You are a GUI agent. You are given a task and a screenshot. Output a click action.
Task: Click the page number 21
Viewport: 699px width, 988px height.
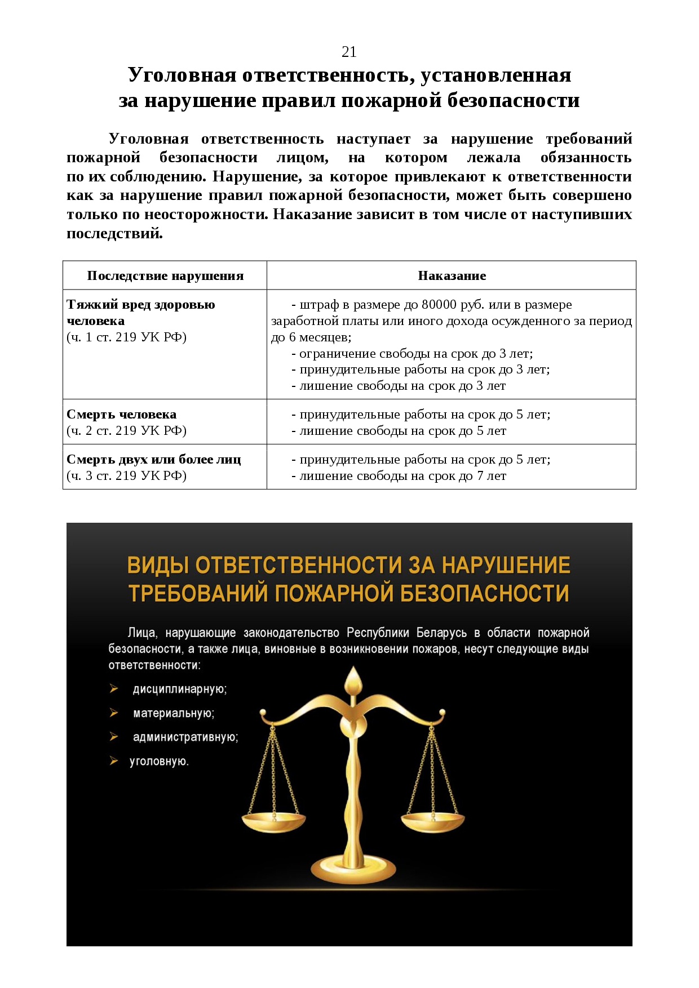pos(349,52)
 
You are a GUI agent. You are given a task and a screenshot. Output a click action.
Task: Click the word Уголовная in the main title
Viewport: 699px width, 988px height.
pos(182,75)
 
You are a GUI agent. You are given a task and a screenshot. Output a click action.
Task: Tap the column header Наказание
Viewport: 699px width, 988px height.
pos(452,276)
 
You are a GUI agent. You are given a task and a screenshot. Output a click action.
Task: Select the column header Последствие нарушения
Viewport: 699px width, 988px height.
pos(165,276)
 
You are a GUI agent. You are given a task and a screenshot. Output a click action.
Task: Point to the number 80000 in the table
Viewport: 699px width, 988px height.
pos(439,305)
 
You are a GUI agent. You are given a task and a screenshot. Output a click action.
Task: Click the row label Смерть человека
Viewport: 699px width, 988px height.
pos(121,415)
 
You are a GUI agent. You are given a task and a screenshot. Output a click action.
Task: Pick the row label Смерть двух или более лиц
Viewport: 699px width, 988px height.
pos(153,460)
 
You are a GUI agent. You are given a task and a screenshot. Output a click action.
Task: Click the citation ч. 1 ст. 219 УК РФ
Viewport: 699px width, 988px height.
pos(126,337)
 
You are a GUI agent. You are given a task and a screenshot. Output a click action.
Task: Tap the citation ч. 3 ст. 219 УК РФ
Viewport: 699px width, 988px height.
pos(126,476)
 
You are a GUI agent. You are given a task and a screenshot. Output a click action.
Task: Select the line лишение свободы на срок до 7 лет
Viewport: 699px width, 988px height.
pos(402,476)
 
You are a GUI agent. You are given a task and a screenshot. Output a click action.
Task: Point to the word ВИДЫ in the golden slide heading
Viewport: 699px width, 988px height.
pos(157,565)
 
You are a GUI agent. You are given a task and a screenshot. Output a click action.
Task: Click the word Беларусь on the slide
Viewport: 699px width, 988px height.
pos(441,633)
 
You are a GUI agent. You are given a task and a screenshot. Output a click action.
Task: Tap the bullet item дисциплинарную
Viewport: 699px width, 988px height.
pos(179,689)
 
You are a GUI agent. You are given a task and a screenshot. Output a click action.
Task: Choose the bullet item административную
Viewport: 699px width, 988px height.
pos(185,737)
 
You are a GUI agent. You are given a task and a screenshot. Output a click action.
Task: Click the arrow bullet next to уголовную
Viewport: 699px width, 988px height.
pos(114,761)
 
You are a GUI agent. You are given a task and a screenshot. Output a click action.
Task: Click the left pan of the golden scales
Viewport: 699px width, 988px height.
pos(273,823)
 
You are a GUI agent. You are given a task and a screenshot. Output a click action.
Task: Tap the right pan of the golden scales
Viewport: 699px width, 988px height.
pos(432,822)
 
